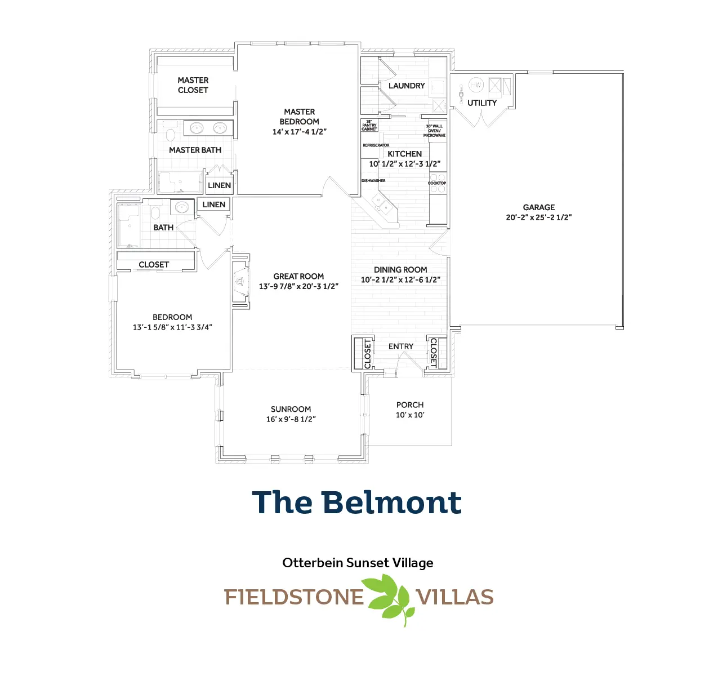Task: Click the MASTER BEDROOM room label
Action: point(299,117)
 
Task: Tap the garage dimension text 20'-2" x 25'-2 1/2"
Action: point(538,217)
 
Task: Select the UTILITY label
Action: point(482,103)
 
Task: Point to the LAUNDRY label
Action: point(407,86)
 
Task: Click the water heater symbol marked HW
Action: point(476,85)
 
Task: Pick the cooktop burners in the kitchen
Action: point(438,183)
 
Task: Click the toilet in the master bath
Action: point(170,135)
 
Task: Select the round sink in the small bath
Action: point(181,208)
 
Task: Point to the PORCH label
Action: point(410,405)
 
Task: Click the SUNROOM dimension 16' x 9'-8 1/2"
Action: point(291,419)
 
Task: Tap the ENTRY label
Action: point(401,346)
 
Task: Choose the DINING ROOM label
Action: point(400,270)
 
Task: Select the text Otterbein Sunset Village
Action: point(358,563)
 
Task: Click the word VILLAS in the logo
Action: point(454,598)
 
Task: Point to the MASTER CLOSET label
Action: point(193,85)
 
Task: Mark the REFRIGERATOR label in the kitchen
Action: point(376,145)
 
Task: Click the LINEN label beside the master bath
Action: point(219,185)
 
